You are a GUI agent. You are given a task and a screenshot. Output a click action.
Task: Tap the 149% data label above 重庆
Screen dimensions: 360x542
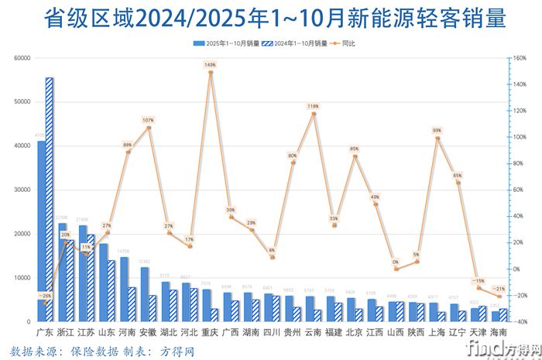click(x=211, y=65)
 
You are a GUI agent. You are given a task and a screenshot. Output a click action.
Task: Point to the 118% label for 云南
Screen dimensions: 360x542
click(x=314, y=106)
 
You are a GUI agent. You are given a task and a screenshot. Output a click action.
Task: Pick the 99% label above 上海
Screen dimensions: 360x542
click(x=437, y=131)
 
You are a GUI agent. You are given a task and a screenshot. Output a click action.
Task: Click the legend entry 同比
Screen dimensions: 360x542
click(x=346, y=44)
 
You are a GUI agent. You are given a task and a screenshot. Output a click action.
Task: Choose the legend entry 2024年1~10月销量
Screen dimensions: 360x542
click(x=294, y=44)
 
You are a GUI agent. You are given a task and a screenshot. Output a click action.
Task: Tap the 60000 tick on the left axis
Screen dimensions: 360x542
click(x=22, y=58)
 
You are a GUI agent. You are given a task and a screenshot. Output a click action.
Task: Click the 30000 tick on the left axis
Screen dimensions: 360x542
click(x=22, y=190)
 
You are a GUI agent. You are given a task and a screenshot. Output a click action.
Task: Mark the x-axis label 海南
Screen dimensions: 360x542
click(x=499, y=331)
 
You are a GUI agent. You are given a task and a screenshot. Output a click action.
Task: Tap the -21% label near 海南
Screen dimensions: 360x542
click(x=499, y=289)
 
